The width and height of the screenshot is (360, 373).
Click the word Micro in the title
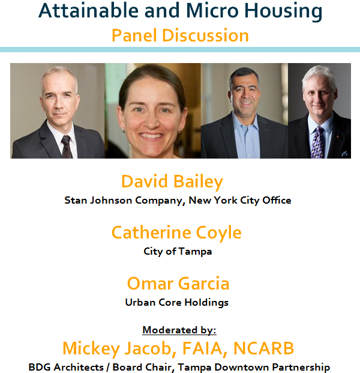click(212, 11)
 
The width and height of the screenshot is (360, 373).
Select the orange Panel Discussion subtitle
click(180, 35)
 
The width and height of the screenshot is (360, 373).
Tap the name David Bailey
click(172, 182)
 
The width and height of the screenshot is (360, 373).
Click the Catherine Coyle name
click(176, 233)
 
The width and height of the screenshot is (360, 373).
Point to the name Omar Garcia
click(178, 284)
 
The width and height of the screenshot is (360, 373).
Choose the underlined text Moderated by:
click(179, 330)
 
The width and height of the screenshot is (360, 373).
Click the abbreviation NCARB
click(263, 348)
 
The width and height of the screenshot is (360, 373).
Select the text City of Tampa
click(178, 252)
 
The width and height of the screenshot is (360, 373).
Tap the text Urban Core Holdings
click(177, 303)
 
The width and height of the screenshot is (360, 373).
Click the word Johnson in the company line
click(111, 200)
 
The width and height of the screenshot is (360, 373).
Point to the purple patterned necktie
click(317, 142)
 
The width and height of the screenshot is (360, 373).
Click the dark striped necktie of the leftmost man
click(67, 147)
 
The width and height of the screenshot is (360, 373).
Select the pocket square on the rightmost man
click(344, 153)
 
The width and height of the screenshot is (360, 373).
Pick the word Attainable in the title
click(88, 11)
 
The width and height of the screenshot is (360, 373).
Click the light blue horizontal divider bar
click(180, 49)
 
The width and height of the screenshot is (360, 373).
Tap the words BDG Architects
click(66, 367)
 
